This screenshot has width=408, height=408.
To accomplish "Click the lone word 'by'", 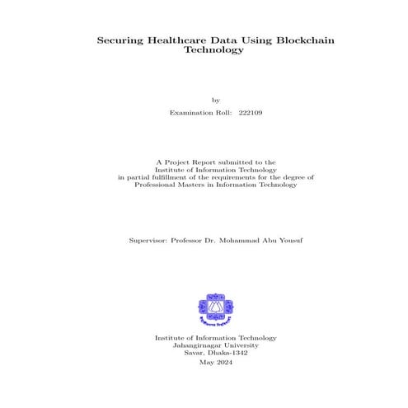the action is pyautogui.click(x=216, y=100).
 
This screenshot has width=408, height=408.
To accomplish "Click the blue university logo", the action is pyautogui.click(x=216, y=308).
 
